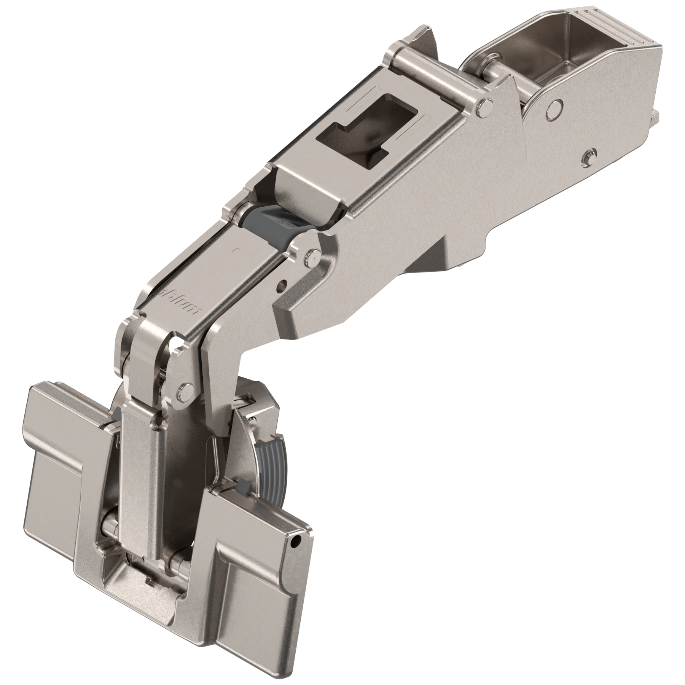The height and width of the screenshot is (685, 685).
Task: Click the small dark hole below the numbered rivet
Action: [x=282, y=284]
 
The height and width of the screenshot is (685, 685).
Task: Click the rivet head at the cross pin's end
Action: [x=485, y=107]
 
